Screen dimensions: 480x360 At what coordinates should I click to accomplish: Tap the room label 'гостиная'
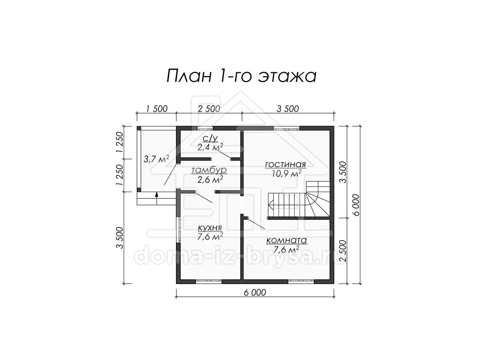coord(285,164)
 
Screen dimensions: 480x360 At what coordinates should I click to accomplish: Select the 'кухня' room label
coord(210,228)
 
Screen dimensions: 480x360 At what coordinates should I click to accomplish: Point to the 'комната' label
coord(286,240)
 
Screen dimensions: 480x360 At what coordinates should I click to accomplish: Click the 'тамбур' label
coord(209,170)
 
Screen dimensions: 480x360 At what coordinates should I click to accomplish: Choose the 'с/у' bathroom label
coord(211,138)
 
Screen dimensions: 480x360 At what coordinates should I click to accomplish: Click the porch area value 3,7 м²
coord(156,159)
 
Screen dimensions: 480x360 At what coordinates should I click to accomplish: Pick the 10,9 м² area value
coord(287,174)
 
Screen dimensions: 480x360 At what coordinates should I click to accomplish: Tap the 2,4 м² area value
coord(210,148)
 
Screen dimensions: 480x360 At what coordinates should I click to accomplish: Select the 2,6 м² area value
coord(210,180)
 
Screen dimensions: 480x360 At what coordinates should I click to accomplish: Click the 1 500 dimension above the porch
coord(156,109)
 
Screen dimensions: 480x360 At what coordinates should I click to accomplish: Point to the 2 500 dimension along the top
coord(209,109)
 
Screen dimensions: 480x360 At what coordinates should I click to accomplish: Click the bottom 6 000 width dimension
coord(255,292)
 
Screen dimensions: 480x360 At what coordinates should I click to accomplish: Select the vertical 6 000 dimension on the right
coord(356,205)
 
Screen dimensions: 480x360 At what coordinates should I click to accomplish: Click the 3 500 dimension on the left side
coord(120,238)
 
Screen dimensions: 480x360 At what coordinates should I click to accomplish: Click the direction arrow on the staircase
coord(271,206)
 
